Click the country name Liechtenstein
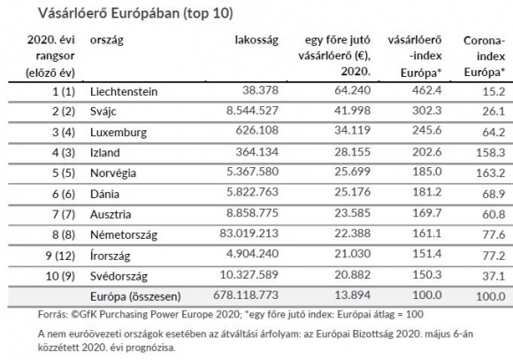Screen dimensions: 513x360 pos(124,92)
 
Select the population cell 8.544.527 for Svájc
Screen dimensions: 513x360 pos(252,111)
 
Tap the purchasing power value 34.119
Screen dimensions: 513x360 pos(352,130)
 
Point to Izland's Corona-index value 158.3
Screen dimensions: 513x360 pos(491,152)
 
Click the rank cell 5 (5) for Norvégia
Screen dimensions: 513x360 pos(64,172)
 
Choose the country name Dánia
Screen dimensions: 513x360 pos(104,194)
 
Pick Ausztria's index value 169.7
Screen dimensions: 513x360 pos(427,213)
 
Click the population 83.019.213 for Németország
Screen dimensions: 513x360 pos(249,234)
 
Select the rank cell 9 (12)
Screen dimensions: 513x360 pos(60,256)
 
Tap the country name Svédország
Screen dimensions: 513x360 pos(119,276)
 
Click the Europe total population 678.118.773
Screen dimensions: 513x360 pos(246,295)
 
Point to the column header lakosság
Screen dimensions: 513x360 pos(256,40)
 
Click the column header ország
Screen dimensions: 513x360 pos(107,41)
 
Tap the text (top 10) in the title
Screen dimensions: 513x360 pos(208,13)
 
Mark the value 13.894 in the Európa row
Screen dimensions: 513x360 pos(352,295)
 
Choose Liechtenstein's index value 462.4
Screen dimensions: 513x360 pos(427,90)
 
